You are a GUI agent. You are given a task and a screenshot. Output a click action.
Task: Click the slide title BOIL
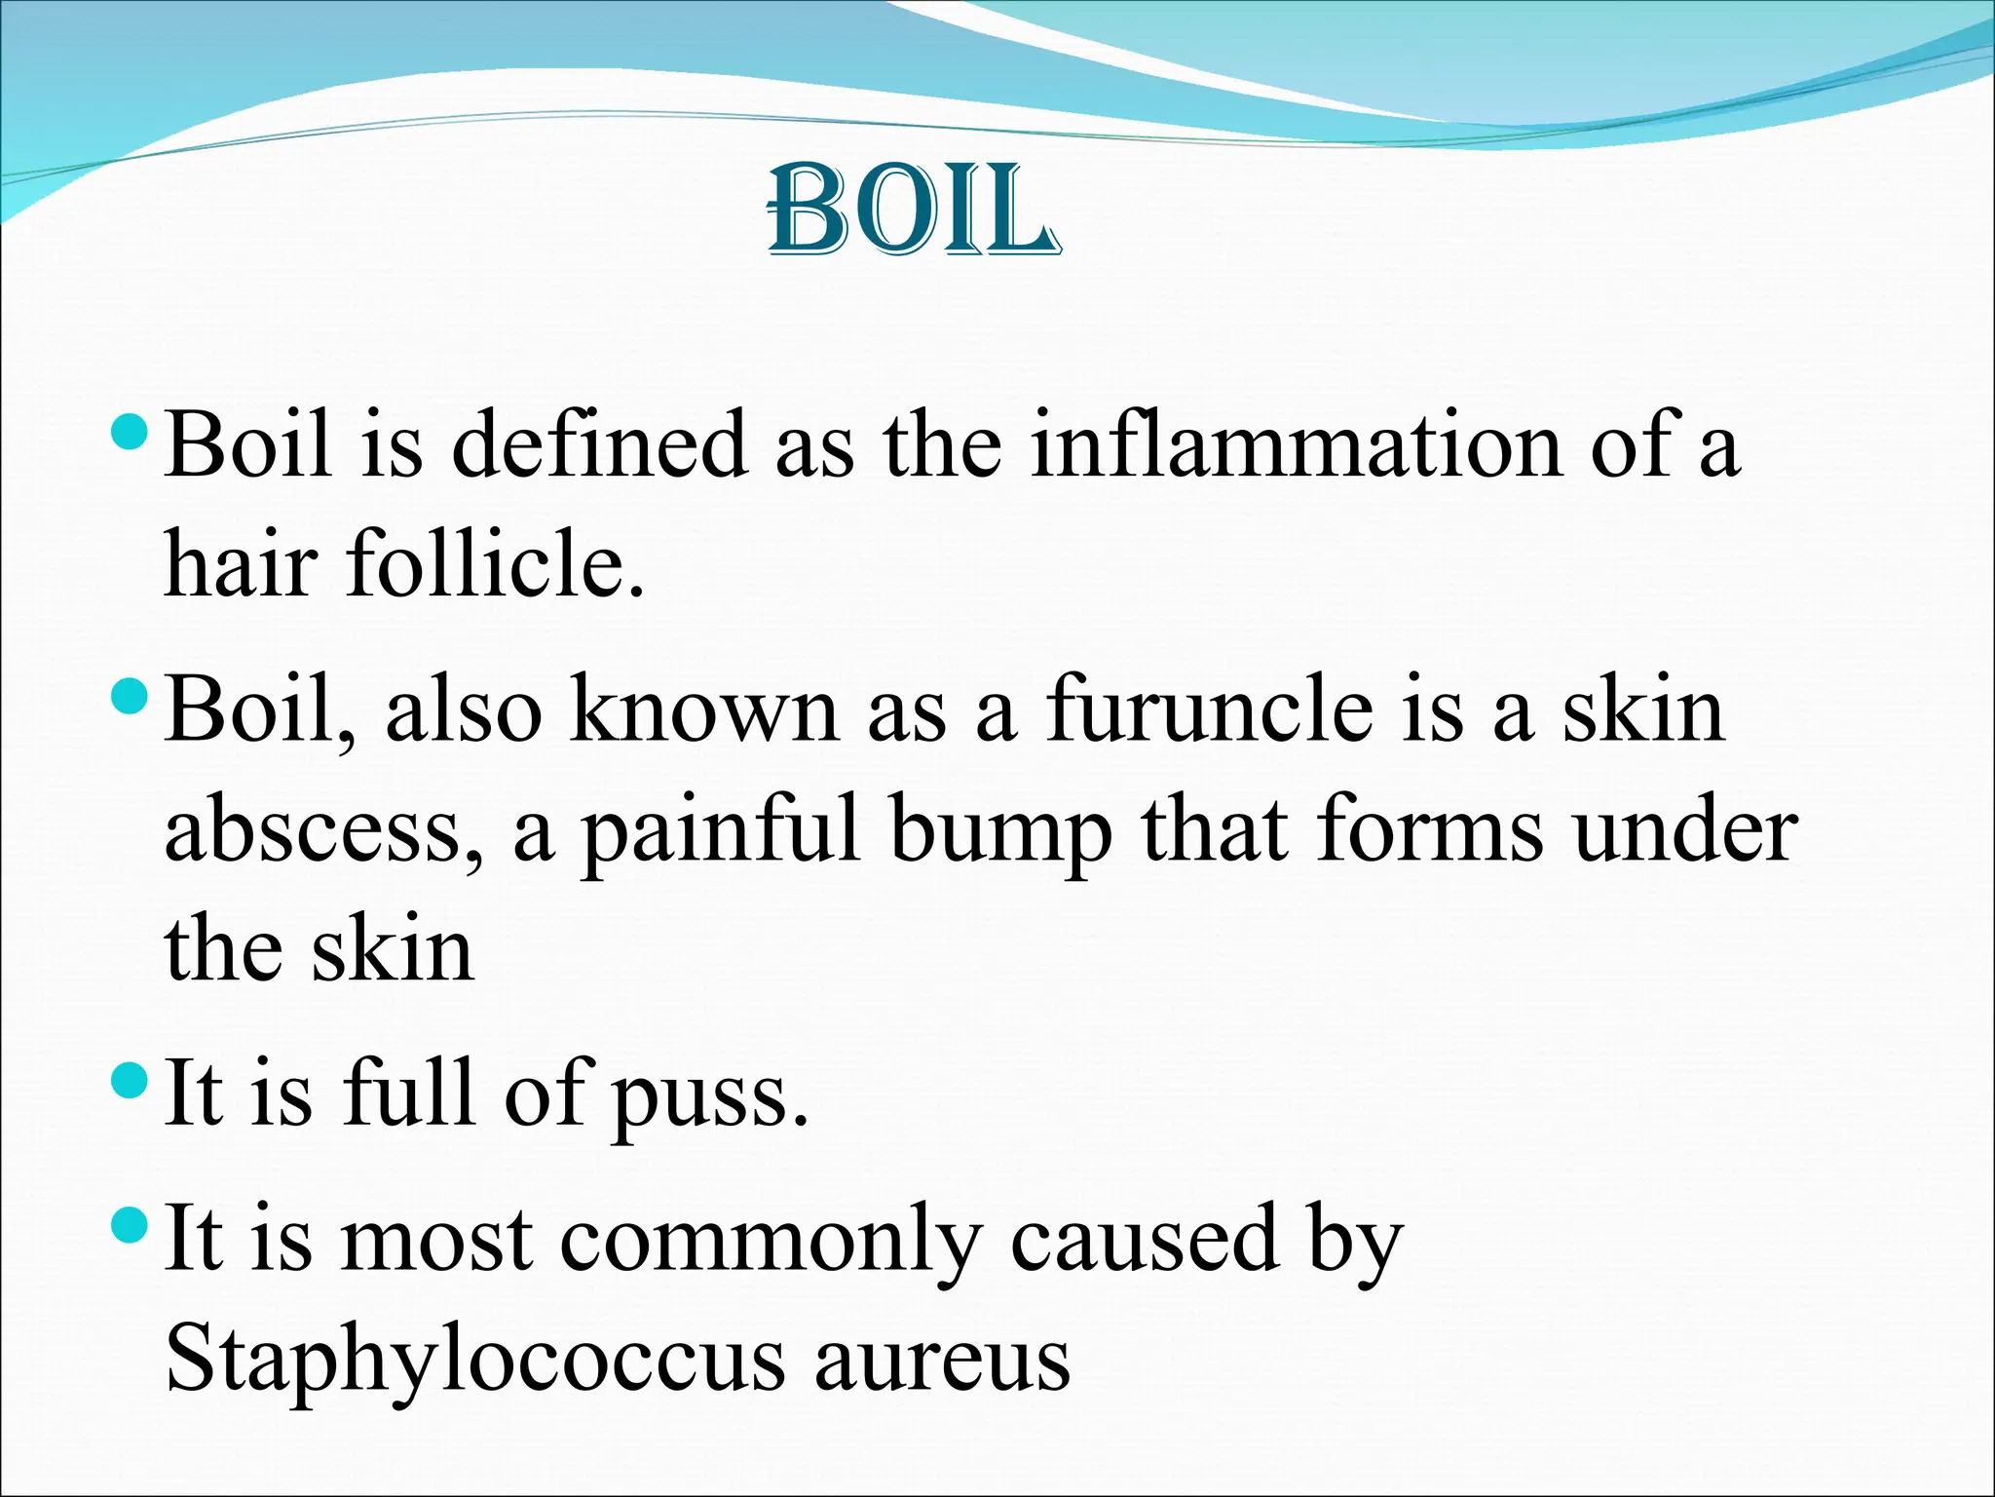coord(913,211)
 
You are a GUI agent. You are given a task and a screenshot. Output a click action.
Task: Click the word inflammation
coord(1296,445)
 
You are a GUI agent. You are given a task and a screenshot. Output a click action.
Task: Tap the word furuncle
coord(1211,710)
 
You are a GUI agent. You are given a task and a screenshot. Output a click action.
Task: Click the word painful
coord(721,831)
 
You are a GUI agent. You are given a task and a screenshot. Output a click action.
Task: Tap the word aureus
coord(942,1360)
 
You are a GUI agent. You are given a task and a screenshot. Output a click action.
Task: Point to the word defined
coord(600,445)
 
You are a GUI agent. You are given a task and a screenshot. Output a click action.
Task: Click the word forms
coord(1430,831)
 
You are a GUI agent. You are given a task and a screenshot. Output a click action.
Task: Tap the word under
coord(1686,831)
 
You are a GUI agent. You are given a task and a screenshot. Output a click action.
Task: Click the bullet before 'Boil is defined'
coord(130,430)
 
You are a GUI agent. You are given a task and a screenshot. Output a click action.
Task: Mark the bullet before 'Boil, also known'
coord(130,695)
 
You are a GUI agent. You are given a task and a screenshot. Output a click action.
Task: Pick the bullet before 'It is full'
coord(130,1079)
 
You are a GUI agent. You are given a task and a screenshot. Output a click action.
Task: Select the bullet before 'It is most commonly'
coord(130,1224)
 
